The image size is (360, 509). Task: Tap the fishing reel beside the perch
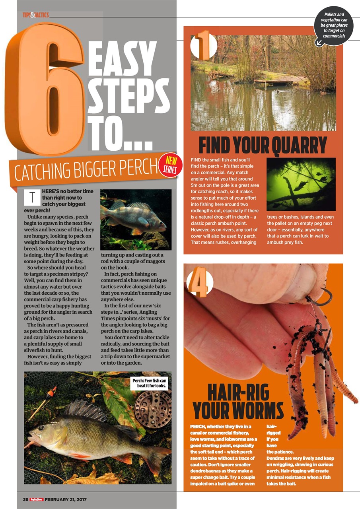click(153, 409)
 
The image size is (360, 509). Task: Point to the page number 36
click(25, 499)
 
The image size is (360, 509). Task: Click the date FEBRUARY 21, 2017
click(66, 499)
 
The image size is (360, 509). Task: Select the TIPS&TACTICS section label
click(36, 15)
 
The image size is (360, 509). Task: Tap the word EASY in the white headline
click(117, 60)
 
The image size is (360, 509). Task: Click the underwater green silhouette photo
click(301, 184)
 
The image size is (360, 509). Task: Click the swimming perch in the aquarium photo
click(133, 218)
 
